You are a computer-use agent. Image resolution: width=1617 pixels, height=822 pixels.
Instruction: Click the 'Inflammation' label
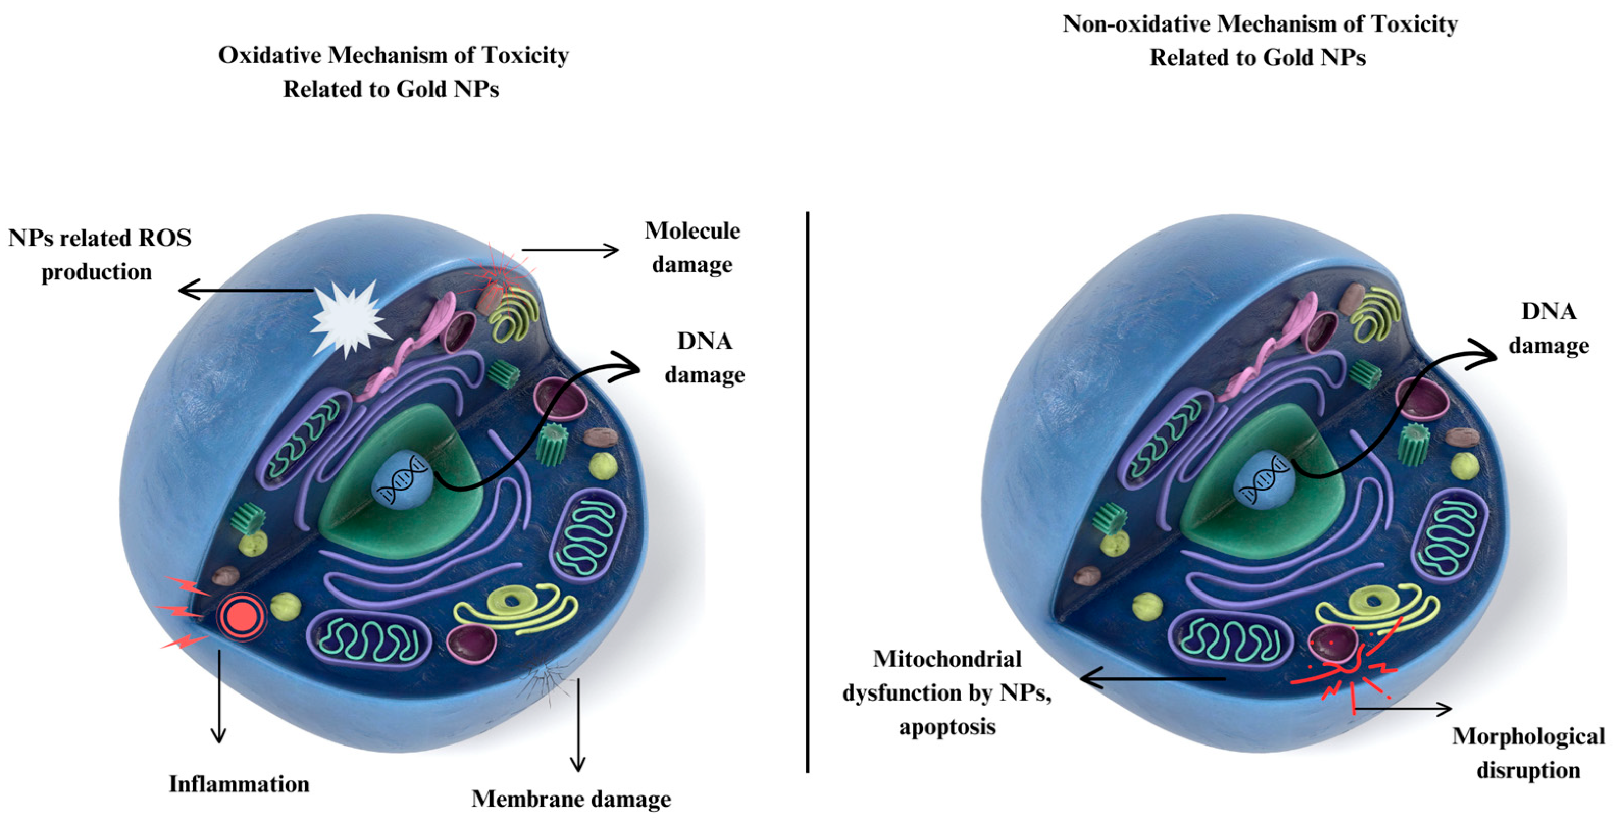coord(239,784)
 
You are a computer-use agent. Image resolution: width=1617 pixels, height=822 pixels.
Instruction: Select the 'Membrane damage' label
coord(571,799)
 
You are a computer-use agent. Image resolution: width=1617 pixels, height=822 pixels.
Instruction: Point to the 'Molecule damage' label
coord(692,247)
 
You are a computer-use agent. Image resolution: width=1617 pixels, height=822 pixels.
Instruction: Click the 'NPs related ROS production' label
coord(99,255)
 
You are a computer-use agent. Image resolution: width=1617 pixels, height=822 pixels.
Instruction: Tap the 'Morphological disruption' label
coord(1528,753)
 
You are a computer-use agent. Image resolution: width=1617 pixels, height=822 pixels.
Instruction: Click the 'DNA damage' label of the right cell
coord(1549,328)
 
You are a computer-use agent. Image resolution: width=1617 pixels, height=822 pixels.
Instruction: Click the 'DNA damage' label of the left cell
coord(704,357)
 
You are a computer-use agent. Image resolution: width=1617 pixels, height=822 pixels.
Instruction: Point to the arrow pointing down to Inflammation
coord(218,697)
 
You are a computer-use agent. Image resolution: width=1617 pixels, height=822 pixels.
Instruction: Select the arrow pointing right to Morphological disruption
coord(1403,710)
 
